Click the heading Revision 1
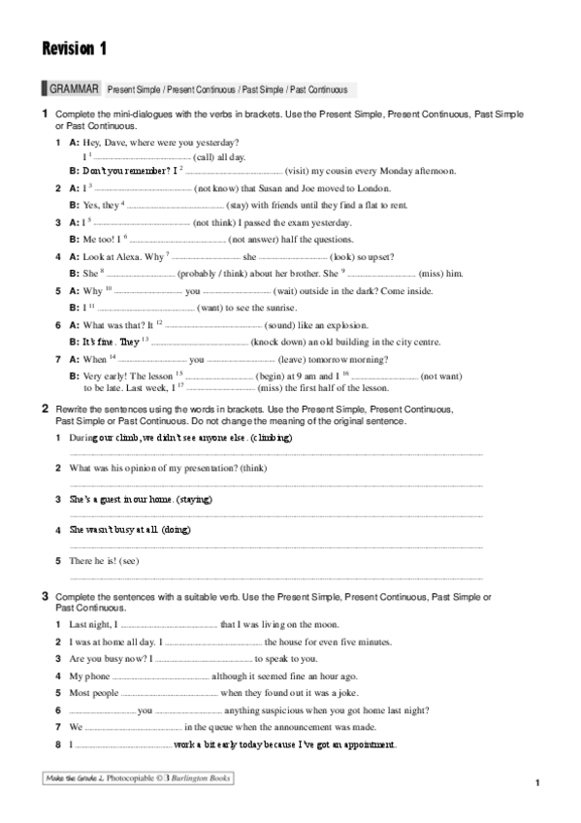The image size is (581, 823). coord(74,48)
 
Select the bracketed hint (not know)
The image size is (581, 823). coord(222,187)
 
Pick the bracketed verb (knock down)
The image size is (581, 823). coord(278,342)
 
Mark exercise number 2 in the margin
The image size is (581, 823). coord(45,409)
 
